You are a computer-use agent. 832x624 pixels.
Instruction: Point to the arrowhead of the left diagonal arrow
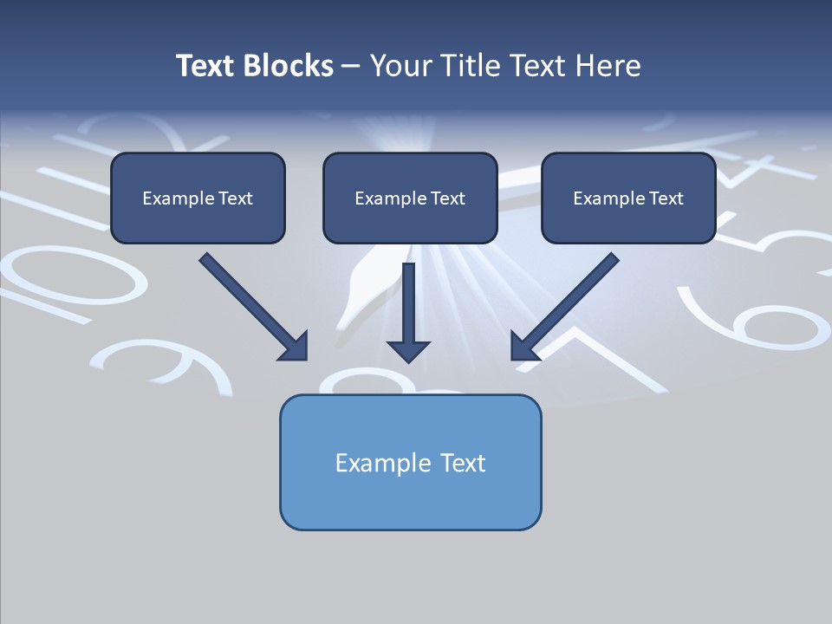click(295, 347)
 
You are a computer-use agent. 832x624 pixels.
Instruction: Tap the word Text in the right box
click(666, 198)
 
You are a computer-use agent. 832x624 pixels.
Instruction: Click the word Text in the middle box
click(447, 198)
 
